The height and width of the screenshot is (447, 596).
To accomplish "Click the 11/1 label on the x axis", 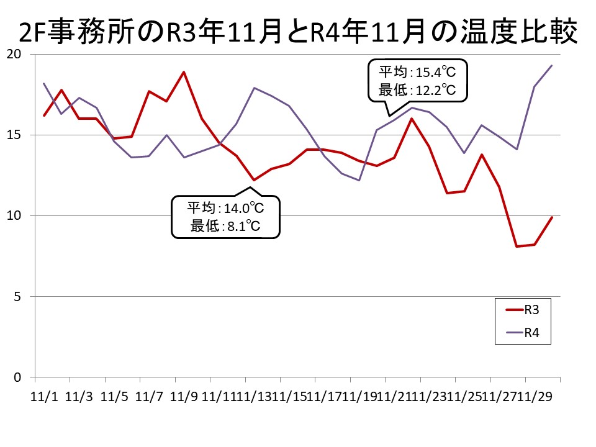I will coord(43,395).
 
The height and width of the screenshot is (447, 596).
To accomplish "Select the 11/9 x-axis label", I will coord(184,395).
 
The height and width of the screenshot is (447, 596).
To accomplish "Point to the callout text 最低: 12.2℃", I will coord(417,91).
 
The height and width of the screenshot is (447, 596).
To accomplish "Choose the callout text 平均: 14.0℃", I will coord(226,208).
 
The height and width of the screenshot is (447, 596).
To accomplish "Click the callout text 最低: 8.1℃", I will coord(226,226).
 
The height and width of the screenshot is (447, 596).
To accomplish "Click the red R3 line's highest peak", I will coord(184,72).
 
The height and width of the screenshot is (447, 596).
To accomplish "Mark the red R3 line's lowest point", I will coord(517,246).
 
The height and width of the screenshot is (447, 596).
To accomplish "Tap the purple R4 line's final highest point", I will coord(552,66).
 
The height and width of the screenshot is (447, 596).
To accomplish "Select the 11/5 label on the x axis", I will coord(114,395).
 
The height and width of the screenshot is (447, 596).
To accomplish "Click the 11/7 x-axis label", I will coord(149,395).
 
